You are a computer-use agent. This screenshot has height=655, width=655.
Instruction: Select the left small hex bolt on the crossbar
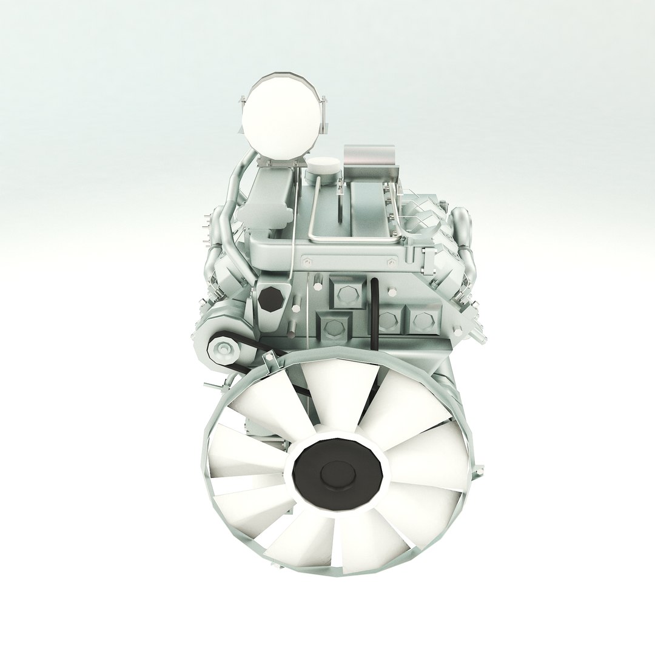(306, 262)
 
